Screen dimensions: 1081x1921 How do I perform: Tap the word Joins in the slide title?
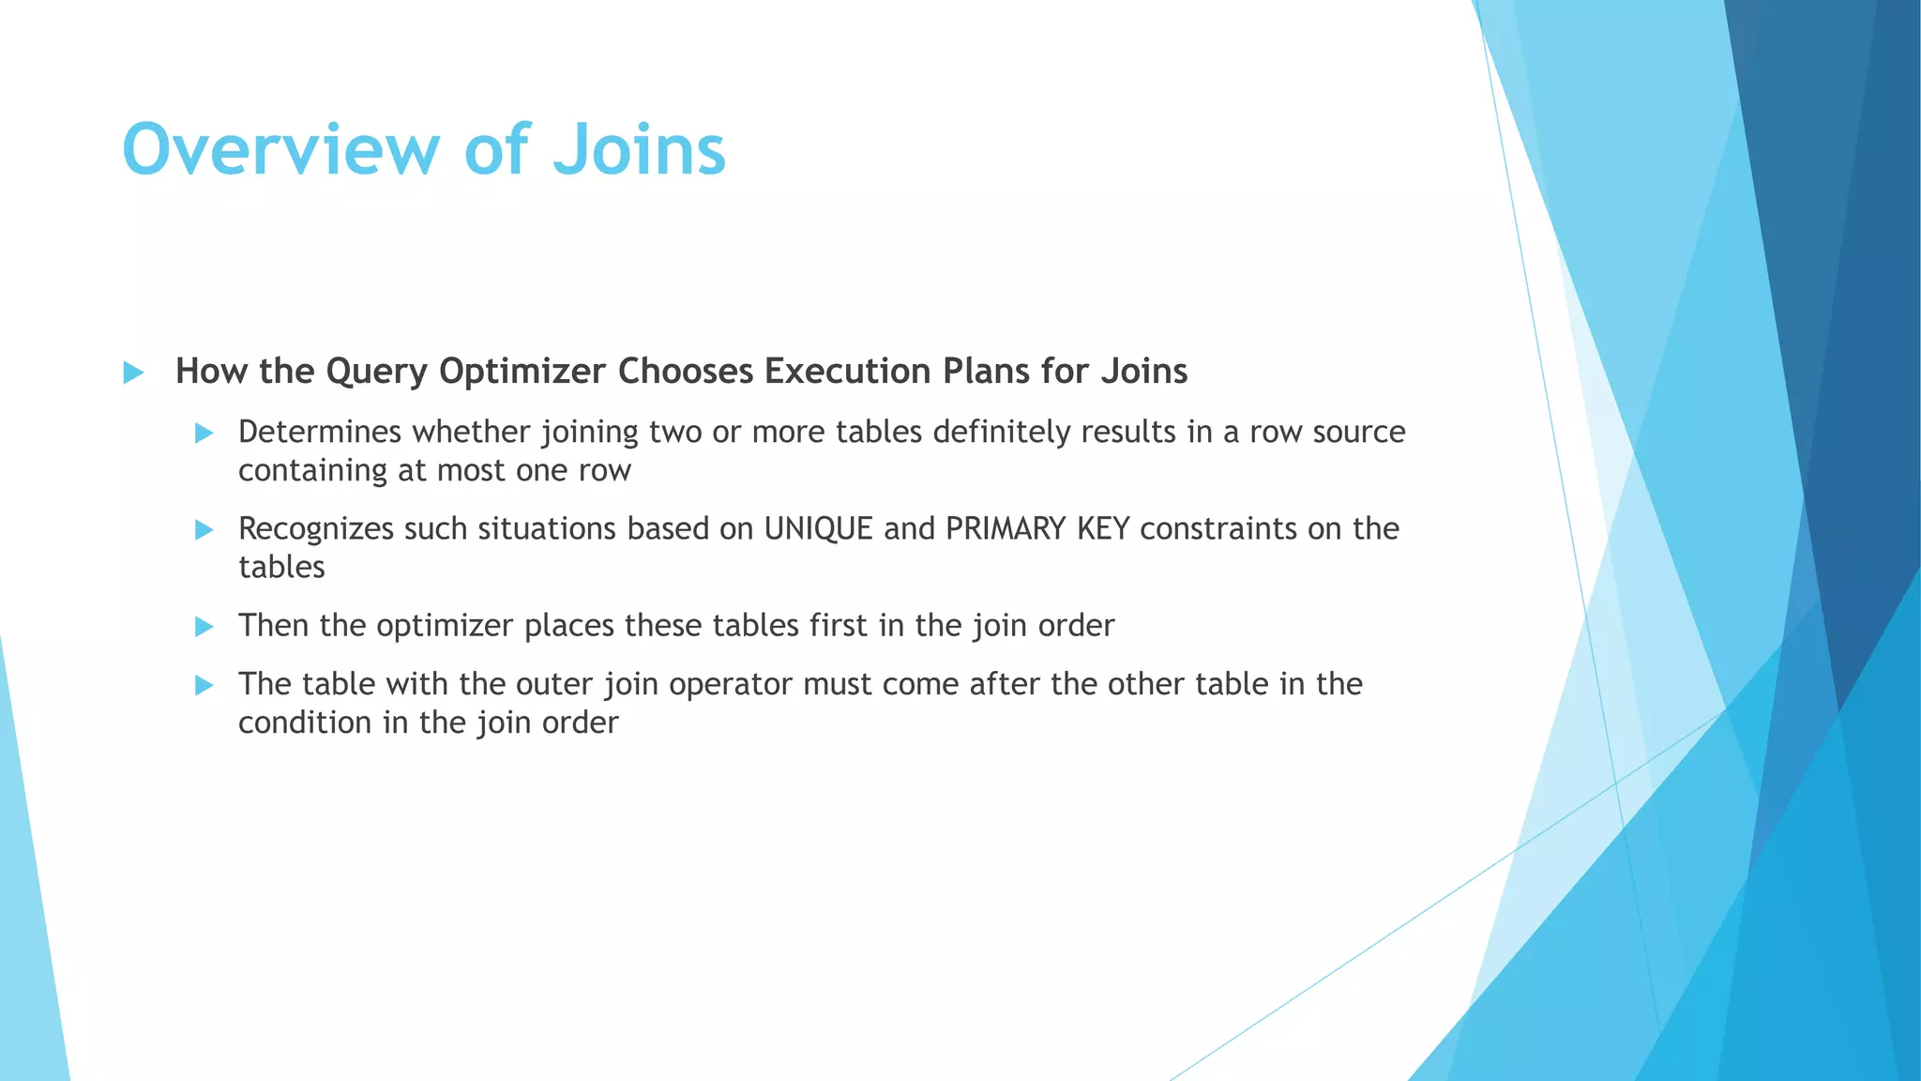click(x=639, y=150)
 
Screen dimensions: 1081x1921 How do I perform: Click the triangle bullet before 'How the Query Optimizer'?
click(x=133, y=373)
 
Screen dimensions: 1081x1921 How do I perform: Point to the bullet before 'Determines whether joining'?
click(x=204, y=433)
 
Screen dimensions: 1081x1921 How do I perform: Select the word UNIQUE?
click(x=818, y=528)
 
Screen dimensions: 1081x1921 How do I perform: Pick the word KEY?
click(x=1102, y=528)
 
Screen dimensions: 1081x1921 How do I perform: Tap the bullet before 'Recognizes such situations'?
click(x=204, y=530)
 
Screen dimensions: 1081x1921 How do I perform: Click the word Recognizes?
click(x=315, y=529)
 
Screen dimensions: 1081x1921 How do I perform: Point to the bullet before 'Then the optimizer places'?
click(x=204, y=627)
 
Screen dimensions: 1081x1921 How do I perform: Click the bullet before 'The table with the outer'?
click(x=204, y=686)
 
